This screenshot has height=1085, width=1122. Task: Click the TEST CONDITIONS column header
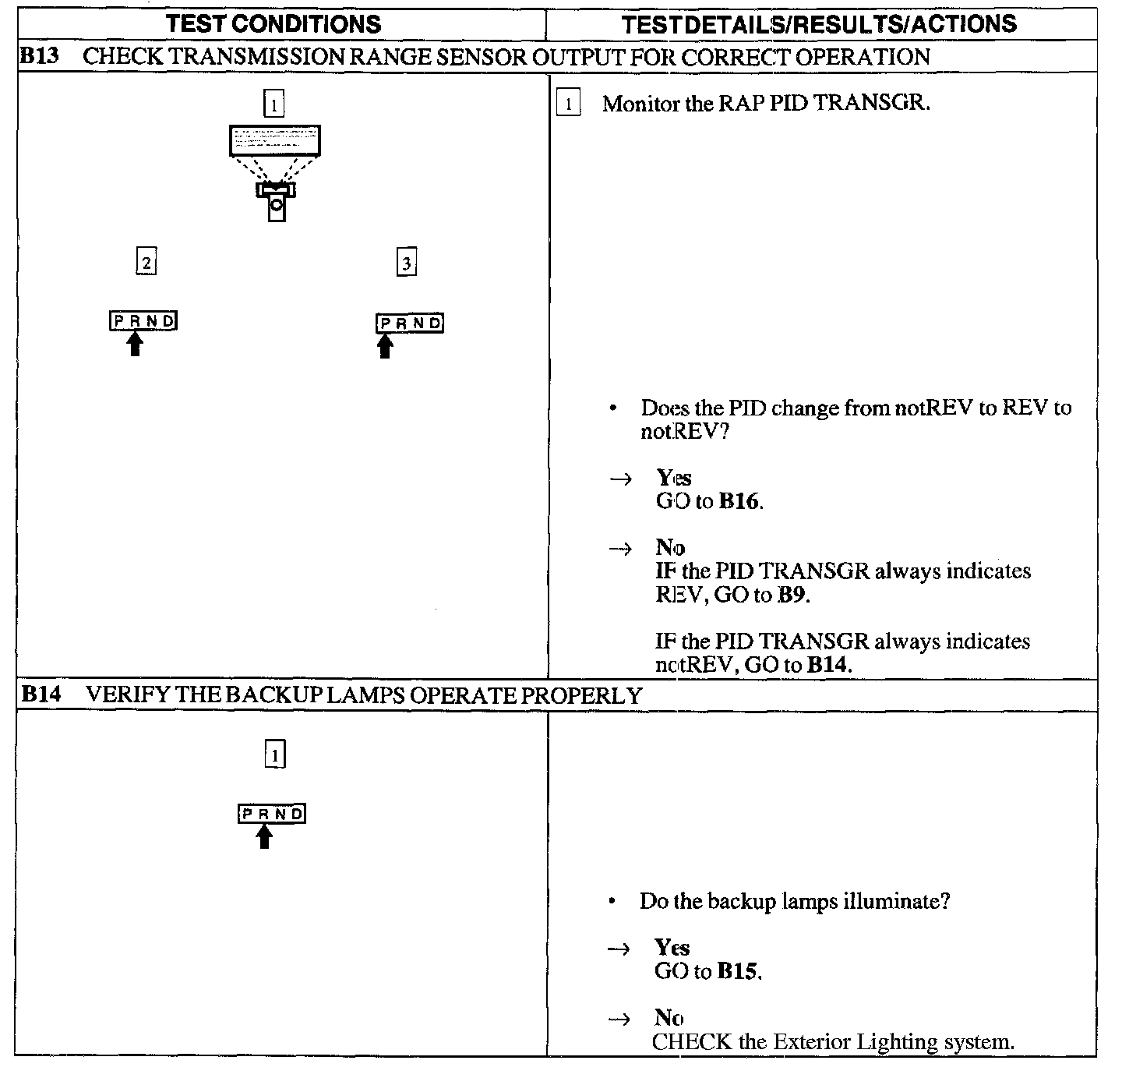point(273,23)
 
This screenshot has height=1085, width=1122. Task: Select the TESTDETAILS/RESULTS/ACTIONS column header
point(819,24)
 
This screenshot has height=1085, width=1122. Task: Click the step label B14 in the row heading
point(41,694)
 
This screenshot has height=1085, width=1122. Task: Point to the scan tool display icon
point(274,140)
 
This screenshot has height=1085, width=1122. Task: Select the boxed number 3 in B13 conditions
point(406,263)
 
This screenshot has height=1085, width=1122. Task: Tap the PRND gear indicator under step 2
point(143,320)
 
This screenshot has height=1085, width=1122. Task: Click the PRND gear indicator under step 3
point(410,323)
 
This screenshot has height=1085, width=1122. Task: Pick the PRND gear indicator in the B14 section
point(272,814)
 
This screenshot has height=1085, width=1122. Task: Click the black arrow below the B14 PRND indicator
point(265,836)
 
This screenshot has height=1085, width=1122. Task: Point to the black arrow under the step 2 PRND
point(136,343)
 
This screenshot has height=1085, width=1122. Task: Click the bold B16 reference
point(739,501)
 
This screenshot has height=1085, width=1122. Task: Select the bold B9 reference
point(792,596)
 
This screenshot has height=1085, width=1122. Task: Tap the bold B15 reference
point(737,972)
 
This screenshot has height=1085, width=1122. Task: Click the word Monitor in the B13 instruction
point(640,104)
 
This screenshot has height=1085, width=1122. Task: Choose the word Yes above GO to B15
point(672,948)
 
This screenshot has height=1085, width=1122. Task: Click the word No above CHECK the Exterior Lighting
point(669,1018)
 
